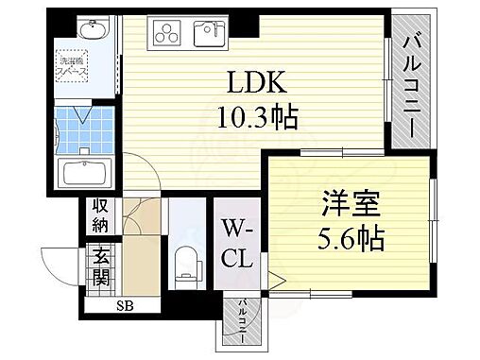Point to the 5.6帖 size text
pyautogui.click(x=351, y=238)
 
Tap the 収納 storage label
pyautogui.click(x=100, y=216)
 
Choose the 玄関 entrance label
pyautogui.click(x=100, y=267)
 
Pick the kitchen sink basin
pyautogui.click(x=209, y=34)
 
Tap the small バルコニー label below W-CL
pyautogui.click(x=244, y=321)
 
